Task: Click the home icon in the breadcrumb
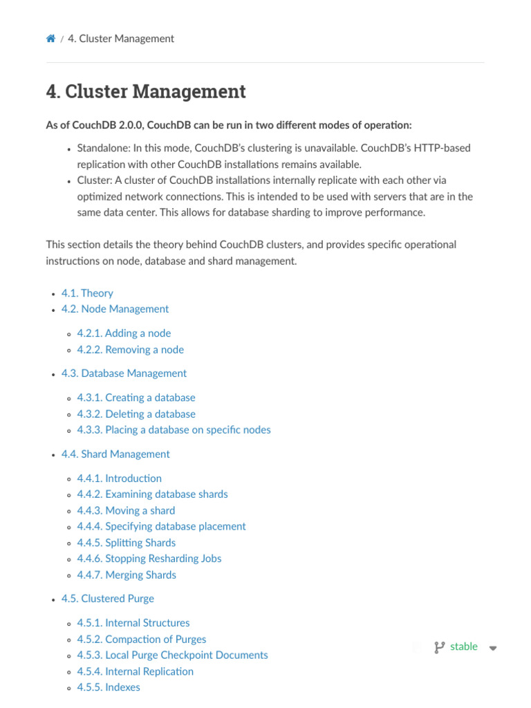[50, 39]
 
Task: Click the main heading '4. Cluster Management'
[146, 91]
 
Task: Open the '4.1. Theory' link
[87, 293]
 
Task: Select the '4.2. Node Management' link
[115, 309]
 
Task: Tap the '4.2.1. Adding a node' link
[124, 333]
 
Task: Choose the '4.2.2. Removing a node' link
[131, 350]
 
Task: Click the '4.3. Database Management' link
[124, 373]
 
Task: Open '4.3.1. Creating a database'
[136, 398]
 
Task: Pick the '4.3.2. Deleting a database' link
[136, 414]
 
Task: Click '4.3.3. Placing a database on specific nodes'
[174, 430]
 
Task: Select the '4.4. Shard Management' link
[115, 454]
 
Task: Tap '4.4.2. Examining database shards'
[152, 494]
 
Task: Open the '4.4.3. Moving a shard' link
[126, 511]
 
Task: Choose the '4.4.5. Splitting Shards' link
[127, 543]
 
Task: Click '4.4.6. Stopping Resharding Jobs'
[149, 559]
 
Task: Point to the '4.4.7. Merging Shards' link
[127, 575]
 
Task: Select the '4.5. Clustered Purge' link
[108, 599]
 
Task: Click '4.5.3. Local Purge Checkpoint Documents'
[172, 655]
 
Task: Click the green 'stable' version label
[463, 646]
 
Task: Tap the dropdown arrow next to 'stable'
[493, 648]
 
